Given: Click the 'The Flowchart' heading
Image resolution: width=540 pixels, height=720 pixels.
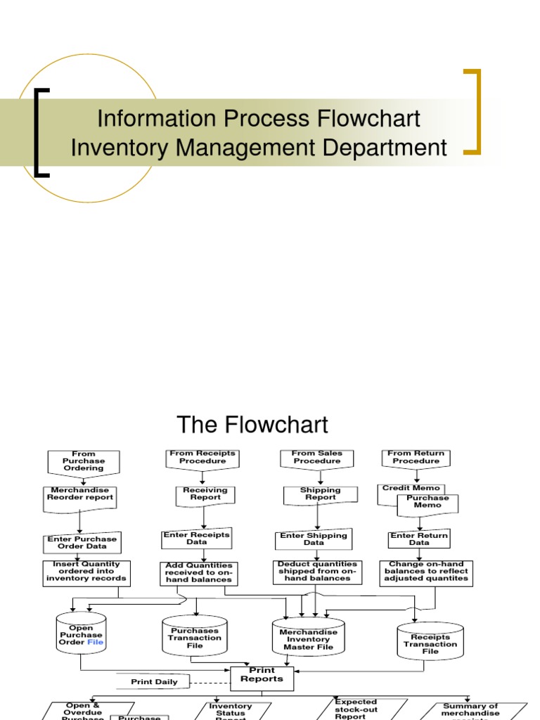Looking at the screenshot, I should coord(252,425).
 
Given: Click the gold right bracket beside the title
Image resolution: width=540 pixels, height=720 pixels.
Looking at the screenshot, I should coord(472,110).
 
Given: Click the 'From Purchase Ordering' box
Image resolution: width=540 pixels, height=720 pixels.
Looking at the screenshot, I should coord(84,461).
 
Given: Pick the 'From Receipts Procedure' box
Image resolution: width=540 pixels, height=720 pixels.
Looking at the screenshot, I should coord(202,458).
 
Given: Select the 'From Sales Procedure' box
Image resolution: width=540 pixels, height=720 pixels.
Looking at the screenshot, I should coord(317,458).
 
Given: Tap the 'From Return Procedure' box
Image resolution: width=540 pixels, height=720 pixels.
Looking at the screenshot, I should coord(416,458).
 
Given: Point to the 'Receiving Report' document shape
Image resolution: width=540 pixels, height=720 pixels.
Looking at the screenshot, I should coord(205,494).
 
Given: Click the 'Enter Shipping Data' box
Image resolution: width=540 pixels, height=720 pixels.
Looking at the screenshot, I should coord(314,539).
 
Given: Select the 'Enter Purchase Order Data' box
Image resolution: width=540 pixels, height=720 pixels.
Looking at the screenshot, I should coord(82,543).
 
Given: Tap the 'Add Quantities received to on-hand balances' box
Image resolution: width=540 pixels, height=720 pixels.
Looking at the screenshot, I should coord(198,573).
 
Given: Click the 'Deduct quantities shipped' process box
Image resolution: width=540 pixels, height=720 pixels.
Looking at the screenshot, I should coord(317,572).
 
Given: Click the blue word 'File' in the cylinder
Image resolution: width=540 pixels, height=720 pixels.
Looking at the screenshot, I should coord(95,642).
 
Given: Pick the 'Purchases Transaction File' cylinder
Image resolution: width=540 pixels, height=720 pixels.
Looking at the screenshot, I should coord(195,637).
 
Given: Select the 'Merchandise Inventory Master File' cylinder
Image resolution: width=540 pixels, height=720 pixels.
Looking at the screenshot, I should coord(308,638).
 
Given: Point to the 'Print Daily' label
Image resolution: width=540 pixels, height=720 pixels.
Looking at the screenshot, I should coord(155,682).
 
